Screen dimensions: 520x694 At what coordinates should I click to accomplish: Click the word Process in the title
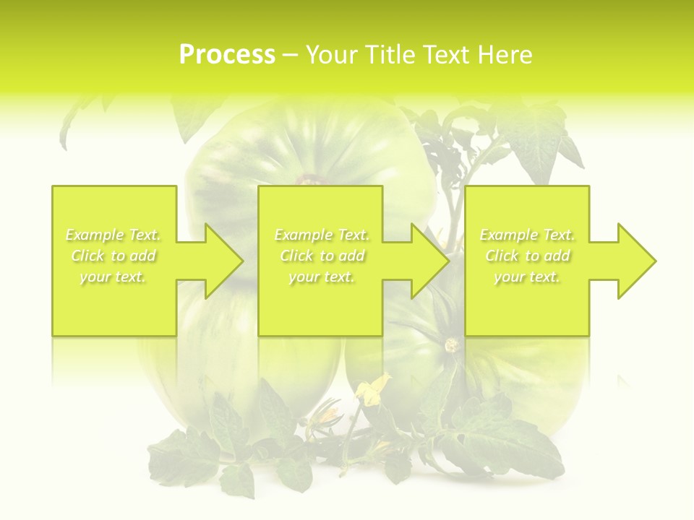pos(227,55)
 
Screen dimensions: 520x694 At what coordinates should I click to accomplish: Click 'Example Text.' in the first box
pos(113,235)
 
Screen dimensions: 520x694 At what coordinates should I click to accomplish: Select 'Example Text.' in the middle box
pos(322,235)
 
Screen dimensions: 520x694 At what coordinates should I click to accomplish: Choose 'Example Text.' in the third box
pos(527,235)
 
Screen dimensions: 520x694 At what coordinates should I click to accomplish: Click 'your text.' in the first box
pos(113,277)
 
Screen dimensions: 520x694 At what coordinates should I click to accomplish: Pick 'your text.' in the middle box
pos(322,277)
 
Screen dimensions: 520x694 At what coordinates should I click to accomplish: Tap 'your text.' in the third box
pos(527,277)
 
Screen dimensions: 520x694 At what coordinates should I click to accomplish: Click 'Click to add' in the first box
pos(113,256)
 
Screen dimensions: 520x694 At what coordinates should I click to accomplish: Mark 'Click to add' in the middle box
pos(322,256)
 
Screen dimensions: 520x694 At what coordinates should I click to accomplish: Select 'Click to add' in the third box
pos(527,256)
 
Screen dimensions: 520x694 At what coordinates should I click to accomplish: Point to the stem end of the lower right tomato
pos(453,344)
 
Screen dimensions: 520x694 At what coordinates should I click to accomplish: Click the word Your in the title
pos(331,55)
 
